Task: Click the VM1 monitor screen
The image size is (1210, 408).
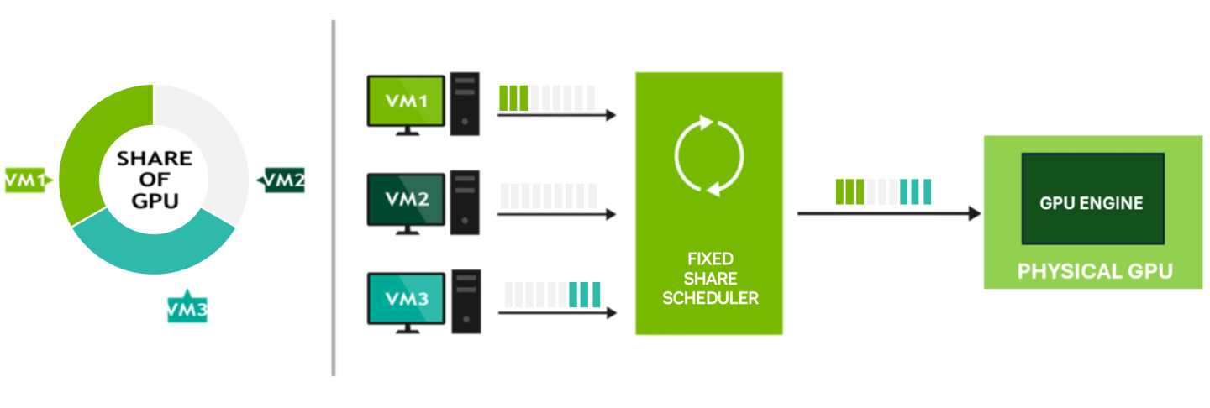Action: pyautogui.click(x=406, y=100)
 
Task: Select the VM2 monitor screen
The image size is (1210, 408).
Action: pyautogui.click(x=406, y=199)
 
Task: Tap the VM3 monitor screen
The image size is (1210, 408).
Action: pyautogui.click(x=406, y=298)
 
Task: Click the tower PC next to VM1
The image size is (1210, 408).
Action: pyautogui.click(x=465, y=103)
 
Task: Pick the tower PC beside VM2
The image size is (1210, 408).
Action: pyautogui.click(x=465, y=202)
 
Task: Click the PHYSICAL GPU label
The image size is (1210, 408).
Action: pyautogui.click(x=1094, y=271)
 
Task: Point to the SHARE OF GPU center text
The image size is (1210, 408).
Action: pyautogui.click(x=154, y=179)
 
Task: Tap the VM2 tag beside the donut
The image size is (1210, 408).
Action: pyautogui.click(x=282, y=180)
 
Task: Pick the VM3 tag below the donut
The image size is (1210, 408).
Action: pyautogui.click(x=187, y=310)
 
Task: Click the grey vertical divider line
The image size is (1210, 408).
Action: pyautogui.click(x=334, y=198)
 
